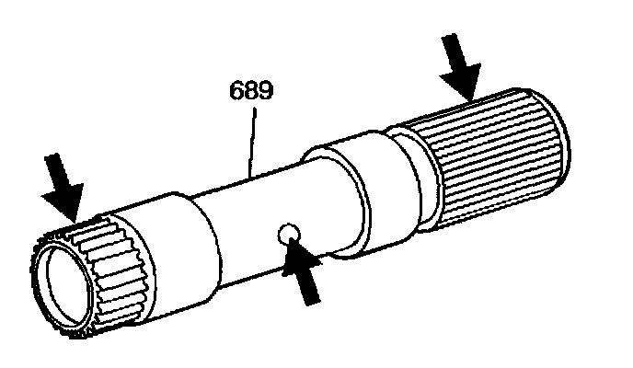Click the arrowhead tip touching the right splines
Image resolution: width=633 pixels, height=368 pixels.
tap(471, 97)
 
